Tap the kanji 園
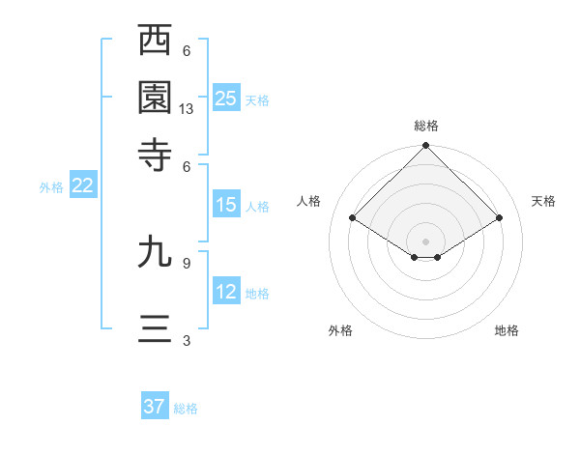click(155, 97)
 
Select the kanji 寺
click(155, 154)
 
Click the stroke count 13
click(187, 109)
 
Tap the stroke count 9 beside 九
click(187, 262)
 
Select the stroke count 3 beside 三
click(187, 340)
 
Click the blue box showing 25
click(226, 98)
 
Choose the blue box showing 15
click(226, 205)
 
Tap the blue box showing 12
click(226, 292)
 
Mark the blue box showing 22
click(82, 186)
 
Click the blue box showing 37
click(155, 407)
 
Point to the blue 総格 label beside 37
click(186, 409)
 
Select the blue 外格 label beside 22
click(51, 187)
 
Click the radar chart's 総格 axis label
click(426, 126)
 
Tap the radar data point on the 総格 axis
click(426, 147)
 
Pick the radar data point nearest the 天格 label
click(499, 218)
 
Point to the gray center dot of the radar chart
click(426, 240)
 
